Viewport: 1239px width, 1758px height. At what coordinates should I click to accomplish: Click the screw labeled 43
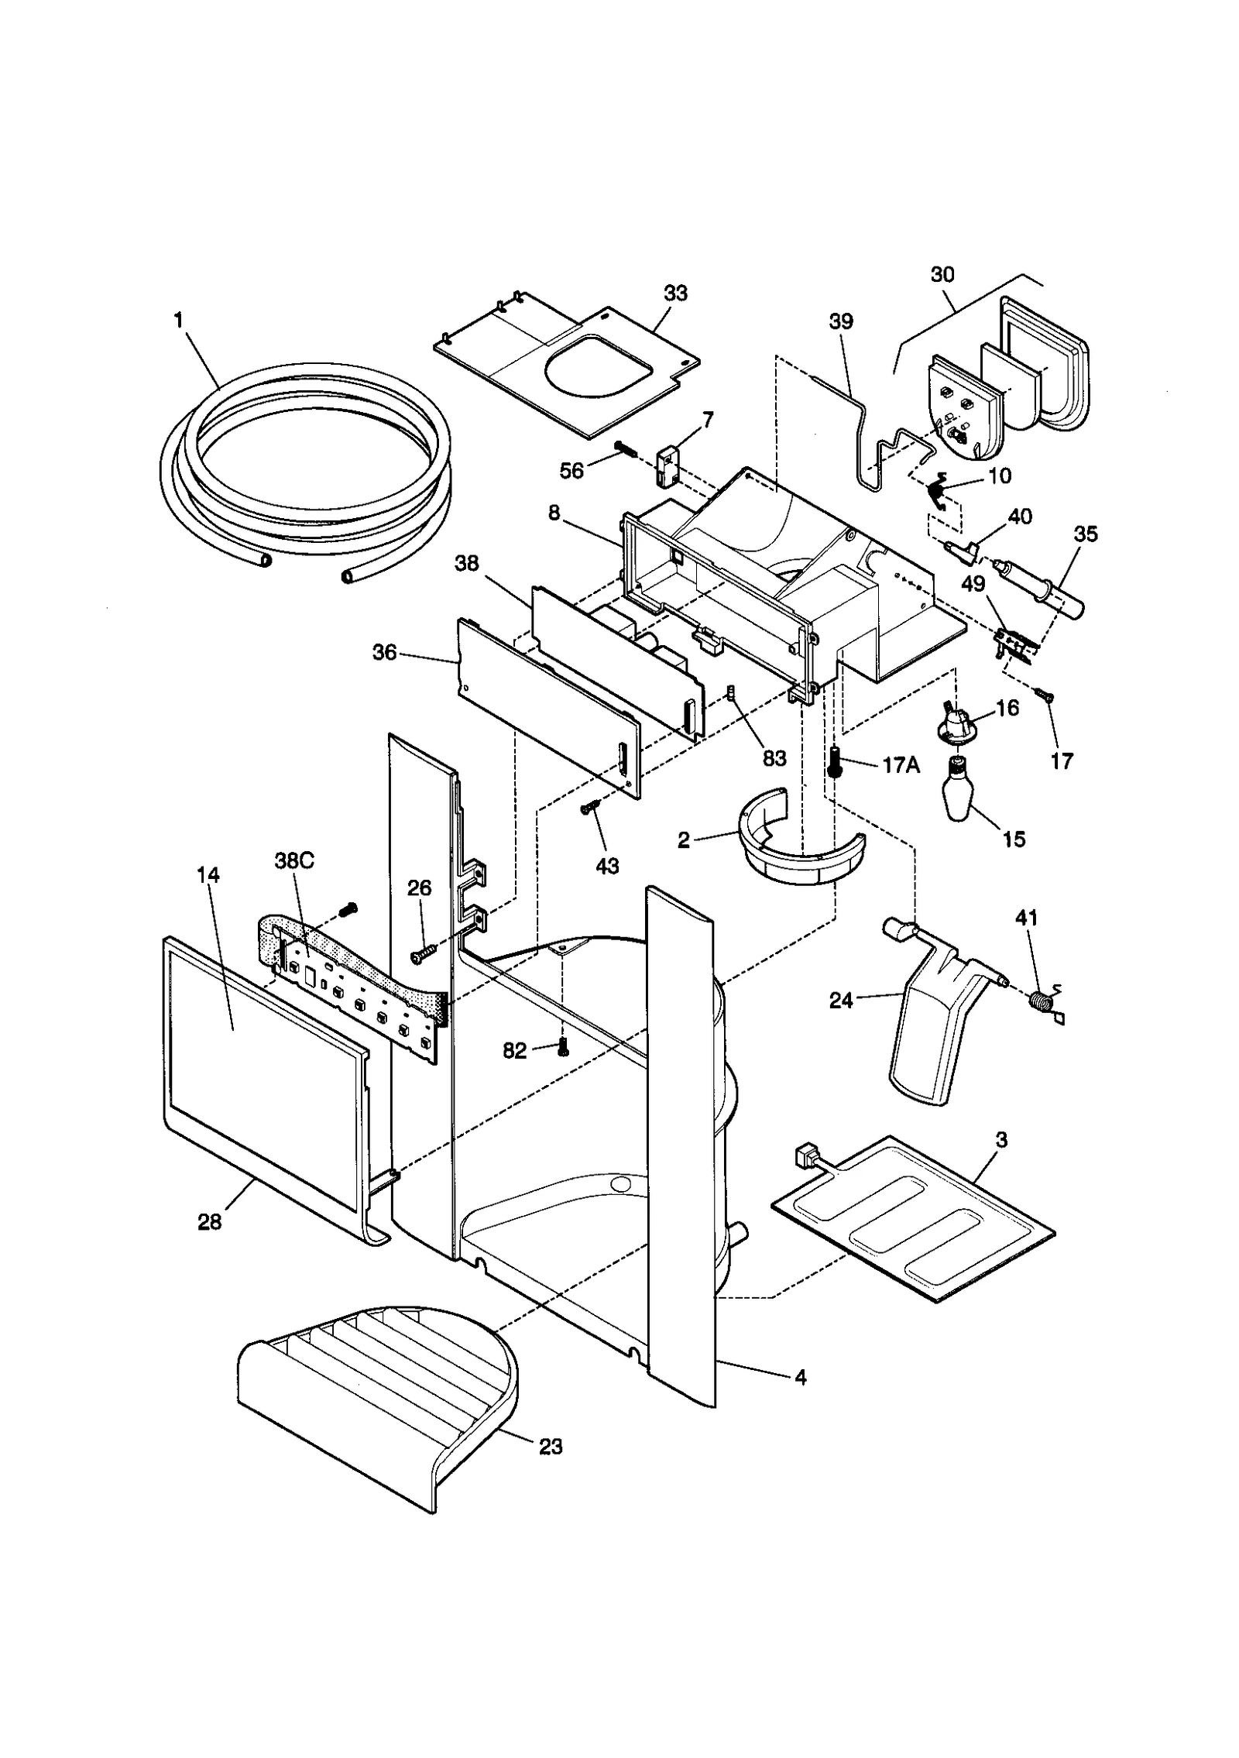click(589, 808)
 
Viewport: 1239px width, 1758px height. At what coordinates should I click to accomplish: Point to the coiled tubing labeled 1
click(310, 465)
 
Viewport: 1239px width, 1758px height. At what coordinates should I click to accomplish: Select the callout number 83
click(774, 758)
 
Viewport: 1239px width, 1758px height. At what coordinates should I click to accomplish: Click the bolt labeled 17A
click(835, 762)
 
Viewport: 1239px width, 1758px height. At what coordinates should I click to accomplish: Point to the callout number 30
click(942, 274)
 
